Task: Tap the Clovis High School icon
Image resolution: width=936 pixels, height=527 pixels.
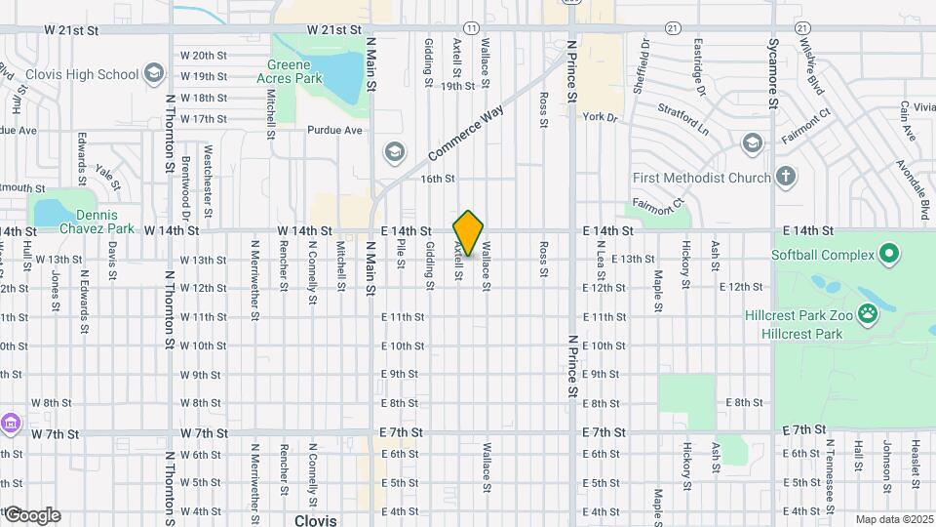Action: pyautogui.click(x=153, y=73)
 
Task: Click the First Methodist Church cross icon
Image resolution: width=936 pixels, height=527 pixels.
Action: pyautogui.click(x=786, y=177)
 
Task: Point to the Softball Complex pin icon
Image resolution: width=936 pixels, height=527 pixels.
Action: pyautogui.click(x=888, y=256)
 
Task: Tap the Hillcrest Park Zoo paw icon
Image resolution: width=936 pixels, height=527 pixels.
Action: pyautogui.click(x=868, y=314)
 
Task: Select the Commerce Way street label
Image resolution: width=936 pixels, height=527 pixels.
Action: pyautogui.click(x=463, y=134)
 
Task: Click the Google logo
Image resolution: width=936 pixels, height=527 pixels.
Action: pyautogui.click(x=31, y=515)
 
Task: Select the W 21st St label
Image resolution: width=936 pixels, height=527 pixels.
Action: pyautogui.click(x=71, y=30)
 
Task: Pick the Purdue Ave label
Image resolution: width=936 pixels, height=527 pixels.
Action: pyautogui.click(x=334, y=130)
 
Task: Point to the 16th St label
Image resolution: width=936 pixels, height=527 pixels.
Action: pyautogui.click(x=438, y=179)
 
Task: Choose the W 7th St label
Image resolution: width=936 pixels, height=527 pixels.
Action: pyautogui.click(x=203, y=432)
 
